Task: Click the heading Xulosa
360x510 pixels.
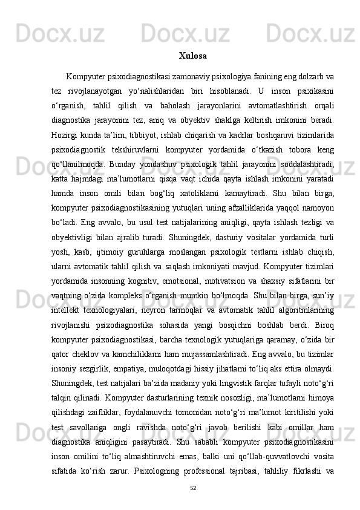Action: [193, 56]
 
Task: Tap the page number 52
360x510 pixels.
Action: [193, 488]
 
